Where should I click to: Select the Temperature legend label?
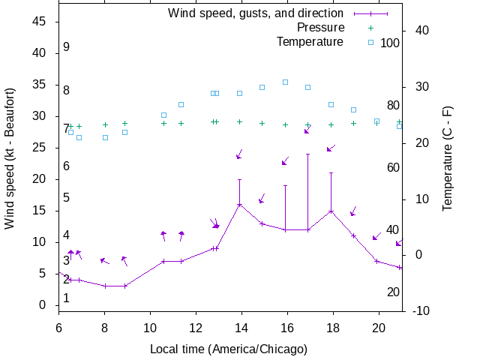tap(310, 41)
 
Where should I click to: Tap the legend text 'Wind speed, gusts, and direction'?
tap(255, 13)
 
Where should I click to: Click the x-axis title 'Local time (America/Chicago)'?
tap(229, 349)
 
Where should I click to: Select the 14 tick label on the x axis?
tap(241, 327)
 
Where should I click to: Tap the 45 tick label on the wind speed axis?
tap(40, 22)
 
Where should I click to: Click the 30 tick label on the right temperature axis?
tap(421, 86)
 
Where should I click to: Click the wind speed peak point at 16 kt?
tap(239, 204)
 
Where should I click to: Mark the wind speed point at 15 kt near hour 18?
tap(331, 211)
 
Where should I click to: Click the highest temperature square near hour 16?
tap(285, 82)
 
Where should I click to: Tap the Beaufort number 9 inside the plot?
tap(67, 46)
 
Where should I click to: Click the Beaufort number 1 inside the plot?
tap(67, 298)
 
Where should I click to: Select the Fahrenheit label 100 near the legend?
tap(390, 43)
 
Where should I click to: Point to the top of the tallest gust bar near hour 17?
tap(307, 154)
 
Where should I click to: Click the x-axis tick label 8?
tap(105, 327)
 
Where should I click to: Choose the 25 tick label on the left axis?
tap(40, 148)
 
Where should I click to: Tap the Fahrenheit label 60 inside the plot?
tap(393, 167)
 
